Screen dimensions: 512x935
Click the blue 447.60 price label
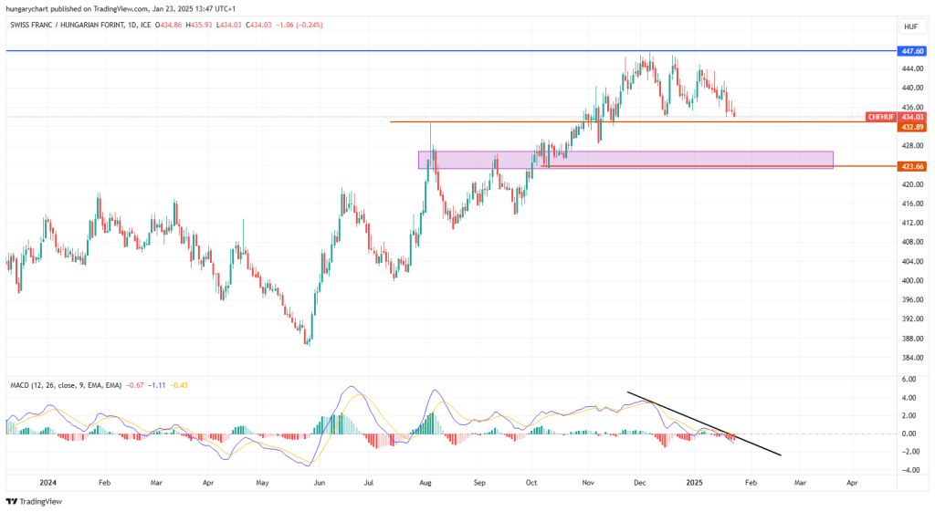(x=912, y=51)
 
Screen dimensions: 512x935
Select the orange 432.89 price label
(x=912, y=127)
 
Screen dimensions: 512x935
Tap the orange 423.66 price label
(x=912, y=167)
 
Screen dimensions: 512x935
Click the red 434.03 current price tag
(x=912, y=117)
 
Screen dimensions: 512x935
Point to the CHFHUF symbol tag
(x=881, y=117)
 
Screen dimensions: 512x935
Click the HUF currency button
(x=910, y=26)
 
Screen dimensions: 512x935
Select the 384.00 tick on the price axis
(x=910, y=357)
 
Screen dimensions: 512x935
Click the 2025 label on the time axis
(x=696, y=481)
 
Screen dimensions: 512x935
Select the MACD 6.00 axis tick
(x=909, y=380)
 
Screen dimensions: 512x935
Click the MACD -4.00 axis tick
(x=909, y=470)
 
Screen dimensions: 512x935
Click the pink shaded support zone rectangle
(x=625, y=160)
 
